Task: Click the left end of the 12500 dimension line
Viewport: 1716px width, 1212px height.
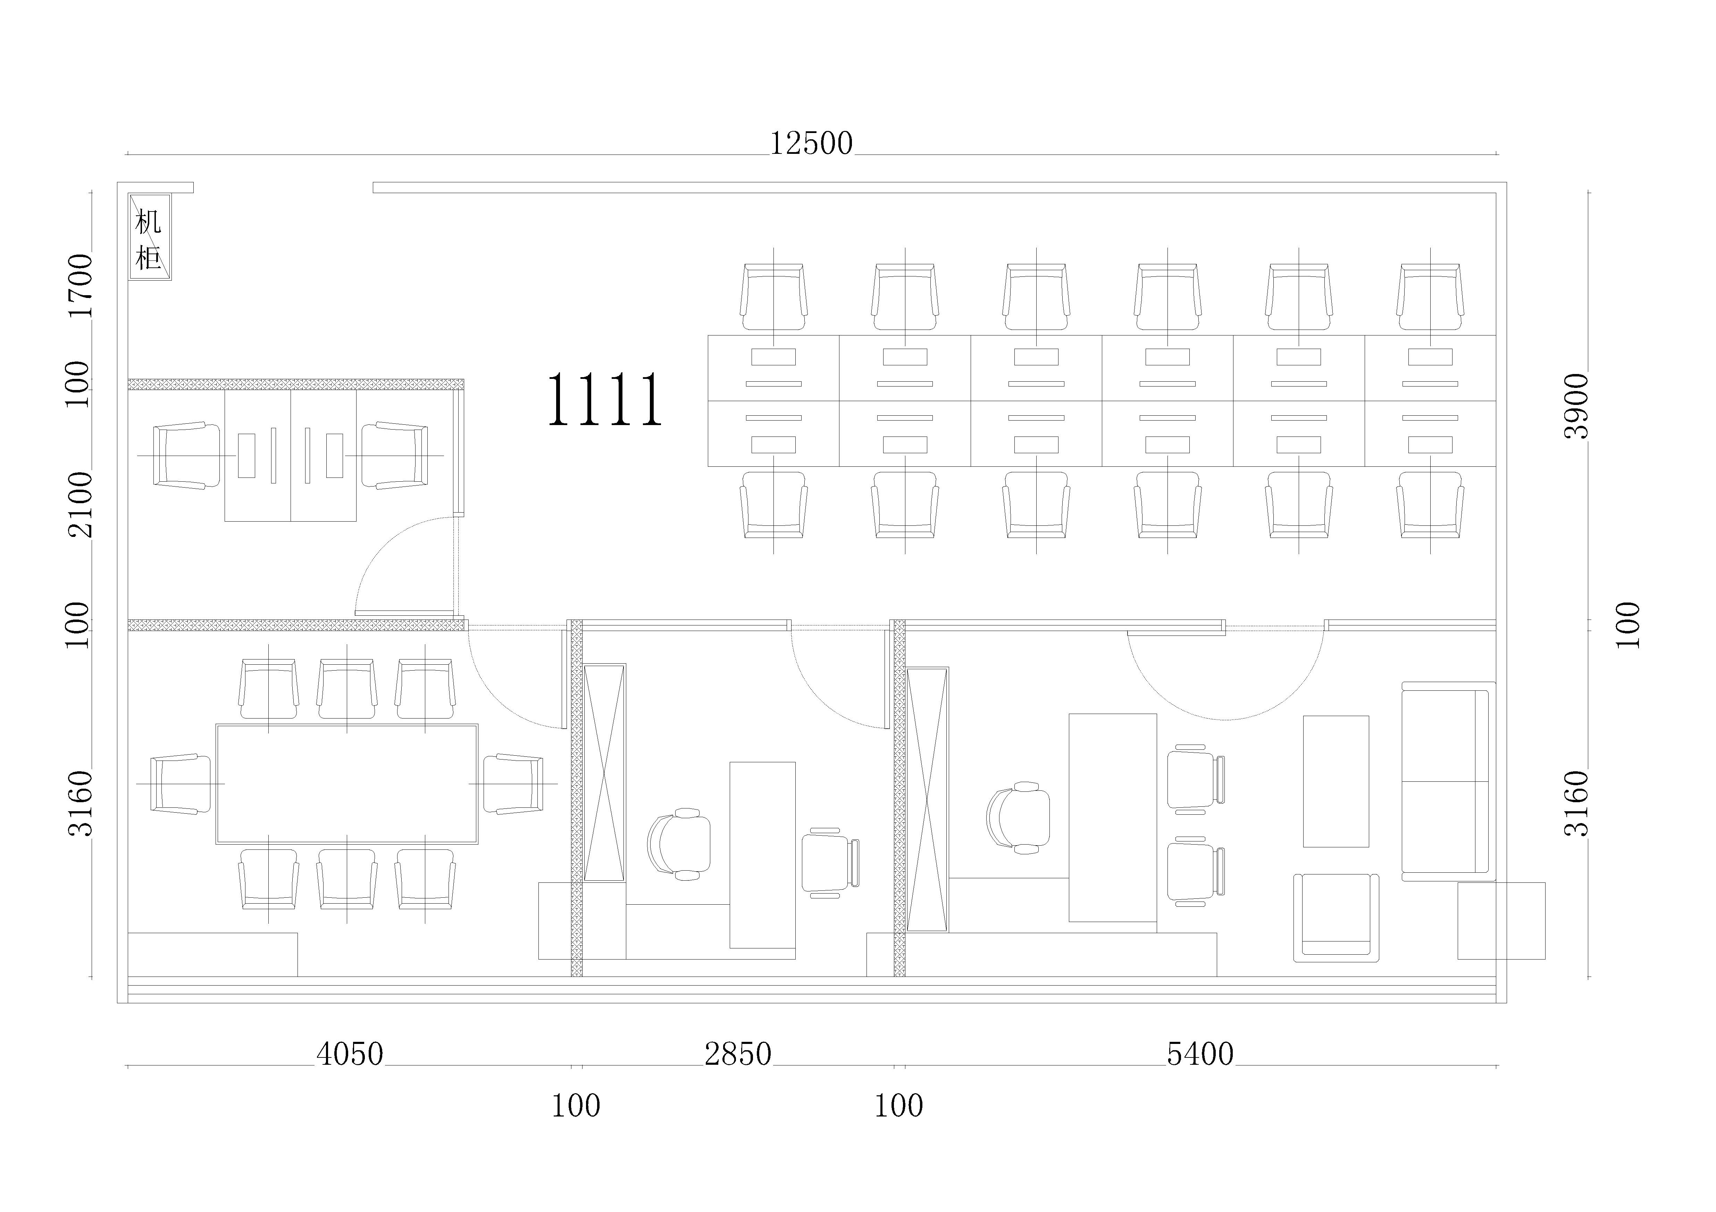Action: (x=128, y=155)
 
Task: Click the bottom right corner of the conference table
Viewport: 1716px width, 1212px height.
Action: (x=478, y=844)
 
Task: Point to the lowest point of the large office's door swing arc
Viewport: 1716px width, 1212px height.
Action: (x=1224, y=720)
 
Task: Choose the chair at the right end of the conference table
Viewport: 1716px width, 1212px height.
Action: (x=513, y=783)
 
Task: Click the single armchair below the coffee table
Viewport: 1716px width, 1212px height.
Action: (x=1336, y=918)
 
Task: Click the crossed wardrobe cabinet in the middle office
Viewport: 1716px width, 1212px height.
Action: (x=604, y=772)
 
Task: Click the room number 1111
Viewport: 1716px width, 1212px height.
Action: (x=605, y=400)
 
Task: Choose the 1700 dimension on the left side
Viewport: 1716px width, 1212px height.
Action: (x=80, y=285)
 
